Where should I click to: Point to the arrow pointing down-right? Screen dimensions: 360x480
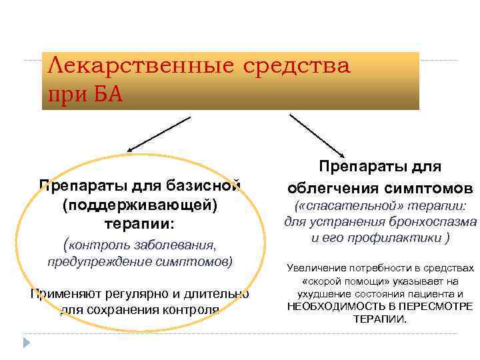(x=316, y=133)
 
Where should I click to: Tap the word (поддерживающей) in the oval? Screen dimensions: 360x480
(x=140, y=203)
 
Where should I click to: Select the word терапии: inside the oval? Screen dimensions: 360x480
(x=140, y=223)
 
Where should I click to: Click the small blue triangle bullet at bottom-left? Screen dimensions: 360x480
(x=27, y=343)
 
